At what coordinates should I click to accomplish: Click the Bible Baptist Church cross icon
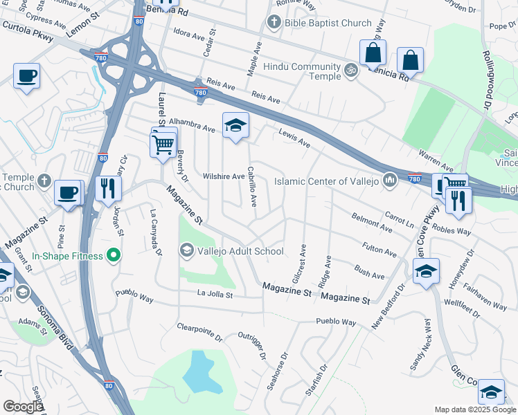(274, 24)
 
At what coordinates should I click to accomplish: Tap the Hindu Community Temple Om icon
(351, 70)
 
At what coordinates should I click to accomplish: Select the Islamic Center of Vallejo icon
(389, 181)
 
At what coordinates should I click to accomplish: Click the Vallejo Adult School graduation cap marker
(186, 250)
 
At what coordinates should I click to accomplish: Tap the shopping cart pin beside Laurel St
(163, 145)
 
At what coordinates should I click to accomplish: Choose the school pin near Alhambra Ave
(235, 125)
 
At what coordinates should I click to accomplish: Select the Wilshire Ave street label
(224, 176)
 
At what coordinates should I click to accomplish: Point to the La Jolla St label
(215, 295)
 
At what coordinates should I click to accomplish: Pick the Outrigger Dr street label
(252, 347)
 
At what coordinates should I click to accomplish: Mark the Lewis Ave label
(294, 138)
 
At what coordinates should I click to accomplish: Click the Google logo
(23, 407)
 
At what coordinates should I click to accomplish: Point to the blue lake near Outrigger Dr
(196, 374)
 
